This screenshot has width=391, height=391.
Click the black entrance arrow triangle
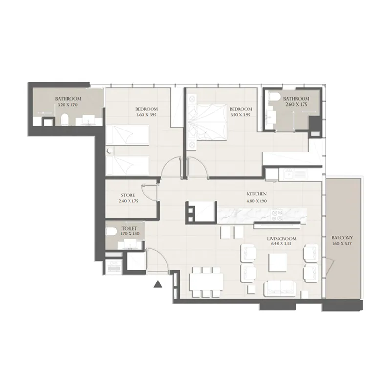pos(158,284)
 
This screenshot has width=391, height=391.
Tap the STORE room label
pos(128,195)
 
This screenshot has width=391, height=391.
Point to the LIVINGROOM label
pos(282,239)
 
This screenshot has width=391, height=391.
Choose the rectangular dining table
pos(205,281)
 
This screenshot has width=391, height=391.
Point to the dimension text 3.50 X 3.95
pos(240,115)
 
